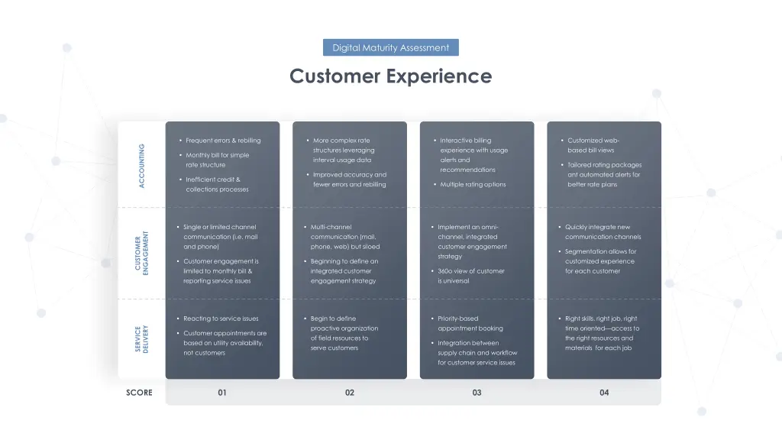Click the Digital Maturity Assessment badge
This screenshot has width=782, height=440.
(x=390, y=47)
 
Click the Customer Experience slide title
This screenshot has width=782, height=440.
(x=390, y=76)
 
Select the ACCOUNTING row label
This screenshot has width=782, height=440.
(x=142, y=165)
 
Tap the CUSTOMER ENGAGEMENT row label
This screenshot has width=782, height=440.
(x=142, y=254)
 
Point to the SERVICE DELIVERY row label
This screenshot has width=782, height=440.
(x=142, y=338)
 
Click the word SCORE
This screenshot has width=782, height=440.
(x=140, y=393)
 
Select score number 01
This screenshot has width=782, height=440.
(x=222, y=393)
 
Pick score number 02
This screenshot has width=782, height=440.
(x=350, y=393)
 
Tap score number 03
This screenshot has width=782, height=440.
(x=477, y=393)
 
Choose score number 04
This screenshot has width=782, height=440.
(x=604, y=393)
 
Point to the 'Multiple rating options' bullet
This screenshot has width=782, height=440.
(x=473, y=184)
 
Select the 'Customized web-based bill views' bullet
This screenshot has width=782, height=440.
(x=593, y=145)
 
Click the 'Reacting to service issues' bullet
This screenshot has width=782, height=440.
(x=221, y=319)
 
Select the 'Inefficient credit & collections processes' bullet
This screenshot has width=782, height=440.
(x=217, y=184)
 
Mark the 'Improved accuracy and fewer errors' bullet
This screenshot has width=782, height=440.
(x=350, y=180)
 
